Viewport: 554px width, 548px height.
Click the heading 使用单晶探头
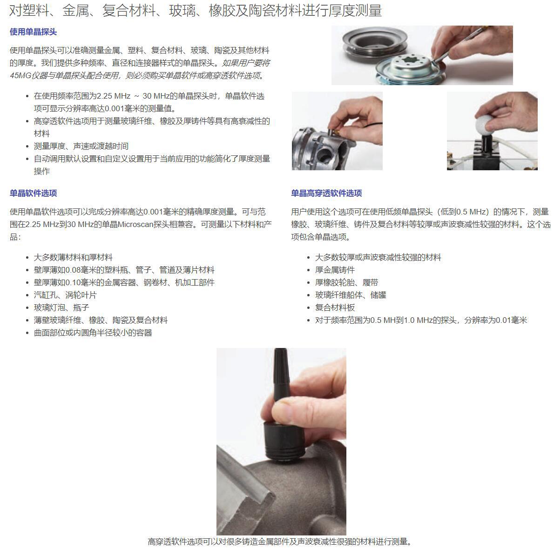point(33,32)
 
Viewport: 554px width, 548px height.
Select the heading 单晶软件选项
point(33,193)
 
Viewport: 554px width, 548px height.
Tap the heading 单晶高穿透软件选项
point(326,193)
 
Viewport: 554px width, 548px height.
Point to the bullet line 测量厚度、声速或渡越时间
point(81,146)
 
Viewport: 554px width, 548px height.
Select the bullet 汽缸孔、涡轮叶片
point(65,295)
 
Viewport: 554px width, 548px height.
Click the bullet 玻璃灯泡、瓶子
point(61,307)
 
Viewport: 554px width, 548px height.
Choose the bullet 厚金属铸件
point(335,270)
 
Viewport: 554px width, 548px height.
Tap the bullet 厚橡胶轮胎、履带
point(347,282)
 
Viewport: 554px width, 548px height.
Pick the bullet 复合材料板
point(335,307)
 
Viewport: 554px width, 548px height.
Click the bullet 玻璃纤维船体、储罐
point(351,295)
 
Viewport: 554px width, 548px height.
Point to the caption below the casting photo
point(280,541)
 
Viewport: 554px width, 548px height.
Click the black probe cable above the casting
point(281,374)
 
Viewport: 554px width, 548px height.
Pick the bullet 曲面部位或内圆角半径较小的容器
point(93,333)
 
